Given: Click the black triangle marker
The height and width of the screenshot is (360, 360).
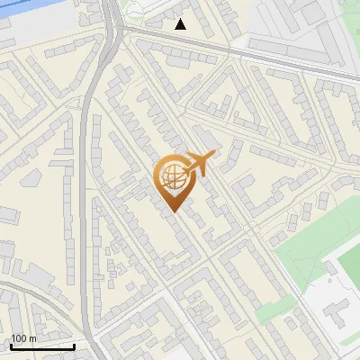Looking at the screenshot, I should click(181, 24).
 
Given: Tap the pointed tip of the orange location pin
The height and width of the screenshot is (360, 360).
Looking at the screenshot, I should click(172, 211).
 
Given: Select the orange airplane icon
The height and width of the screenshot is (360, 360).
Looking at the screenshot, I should click(197, 165).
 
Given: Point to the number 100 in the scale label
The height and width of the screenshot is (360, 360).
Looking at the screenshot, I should click(20, 338).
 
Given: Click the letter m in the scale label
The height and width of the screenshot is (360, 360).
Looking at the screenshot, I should click(32, 338).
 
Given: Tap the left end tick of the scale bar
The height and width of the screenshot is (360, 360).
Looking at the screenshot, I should click(11, 346).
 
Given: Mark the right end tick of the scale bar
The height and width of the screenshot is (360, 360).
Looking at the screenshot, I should click(74, 346).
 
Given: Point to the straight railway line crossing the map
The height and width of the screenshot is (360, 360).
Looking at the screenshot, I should click(234, 49).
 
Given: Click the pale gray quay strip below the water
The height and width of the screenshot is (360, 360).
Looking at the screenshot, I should click(36, 31).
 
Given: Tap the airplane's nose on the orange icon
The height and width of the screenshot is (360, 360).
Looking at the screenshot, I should click(214, 156).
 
